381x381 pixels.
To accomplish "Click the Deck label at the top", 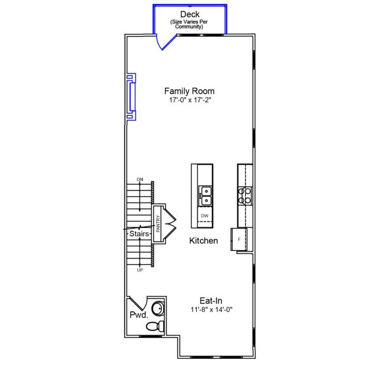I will pos(190,14).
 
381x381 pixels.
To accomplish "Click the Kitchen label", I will pos(204,241).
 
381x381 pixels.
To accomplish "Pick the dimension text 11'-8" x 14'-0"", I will pos(211,310).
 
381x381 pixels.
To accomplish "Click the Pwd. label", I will pos(138,315).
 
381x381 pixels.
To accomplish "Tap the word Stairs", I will pos(139,234).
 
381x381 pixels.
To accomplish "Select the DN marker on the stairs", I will pos(140,180).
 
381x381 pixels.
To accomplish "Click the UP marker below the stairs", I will pos(140,270).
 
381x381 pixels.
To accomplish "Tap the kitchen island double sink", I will pos(204,194).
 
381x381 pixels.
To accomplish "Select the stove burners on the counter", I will pos(245,194).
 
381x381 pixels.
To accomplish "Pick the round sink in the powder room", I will pos(157,310).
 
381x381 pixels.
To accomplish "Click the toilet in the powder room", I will pos(154,326).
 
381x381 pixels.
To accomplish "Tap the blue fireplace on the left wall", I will pos(131,97).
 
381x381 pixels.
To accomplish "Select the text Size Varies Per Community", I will pos(190,25).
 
